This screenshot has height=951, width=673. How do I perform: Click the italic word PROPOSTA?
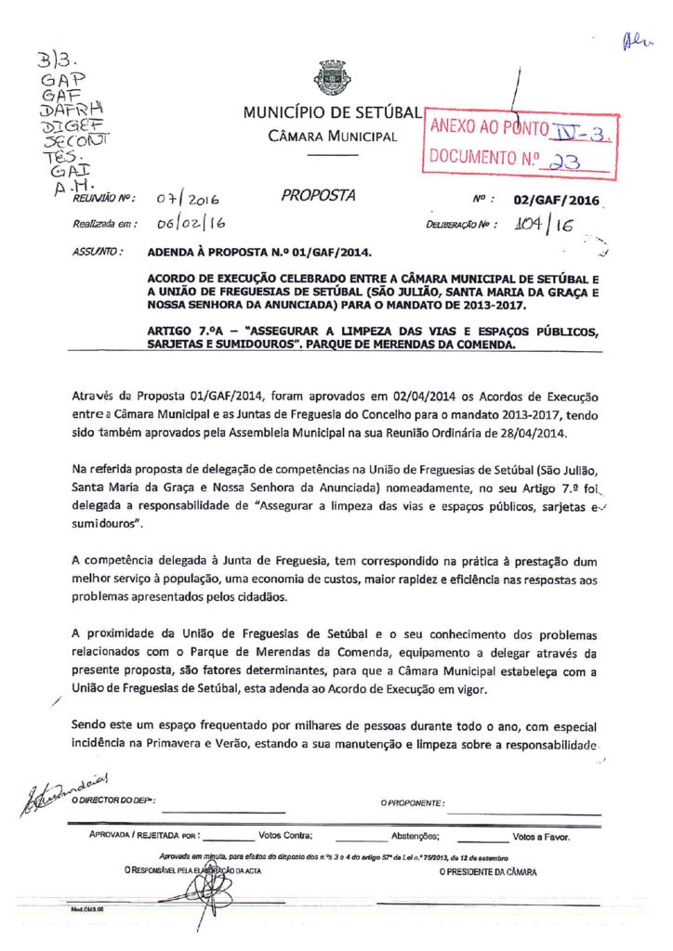(318, 196)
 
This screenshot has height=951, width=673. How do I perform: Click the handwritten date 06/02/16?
(186, 223)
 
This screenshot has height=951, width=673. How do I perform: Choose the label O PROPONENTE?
(412, 801)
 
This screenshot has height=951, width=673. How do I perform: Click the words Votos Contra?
(285, 836)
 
